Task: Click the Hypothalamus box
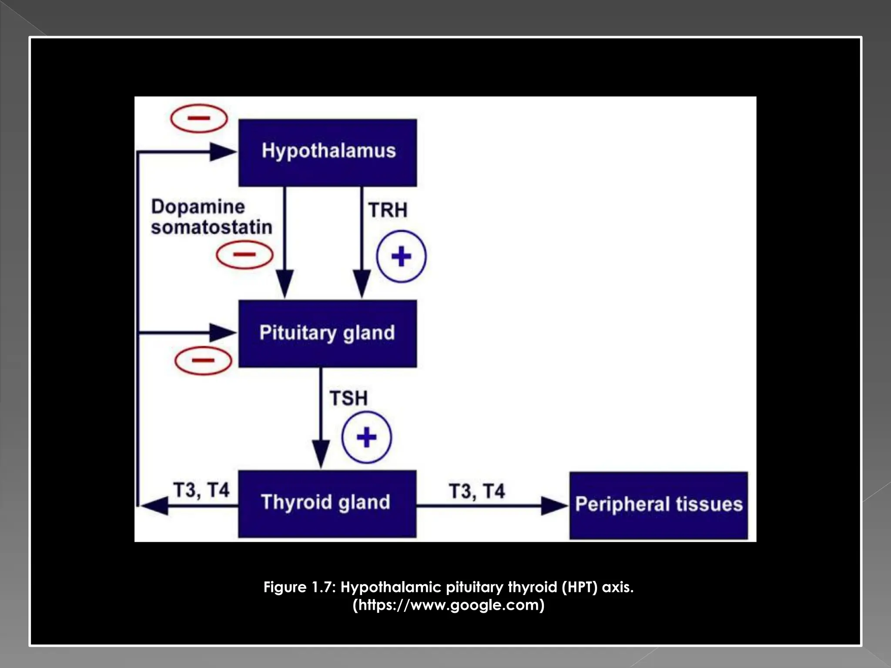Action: [x=328, y=152]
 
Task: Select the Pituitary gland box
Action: [x=328, y=333]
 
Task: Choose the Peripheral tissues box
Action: [x=659, y=505]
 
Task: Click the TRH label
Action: [x=388, y=210]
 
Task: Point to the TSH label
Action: [x=348, y=398]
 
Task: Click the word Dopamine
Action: [x=198, y=207]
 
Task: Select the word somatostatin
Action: [x=211, y=227]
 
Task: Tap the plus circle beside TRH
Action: [x=401, y=256]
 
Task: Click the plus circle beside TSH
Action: [x=366, y=437]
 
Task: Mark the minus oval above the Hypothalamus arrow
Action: [x=199, y=118]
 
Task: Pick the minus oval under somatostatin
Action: [x=245, y=255]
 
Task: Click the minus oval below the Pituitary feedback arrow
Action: [x=203, y=361]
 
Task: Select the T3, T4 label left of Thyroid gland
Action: [x=201, y=490]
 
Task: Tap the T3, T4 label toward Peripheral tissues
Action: [x=477, y=491]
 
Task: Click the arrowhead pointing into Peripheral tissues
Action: [x=554, y=506]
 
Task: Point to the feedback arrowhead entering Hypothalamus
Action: [x=223, y=152]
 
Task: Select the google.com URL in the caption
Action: [x=449, y=605]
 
